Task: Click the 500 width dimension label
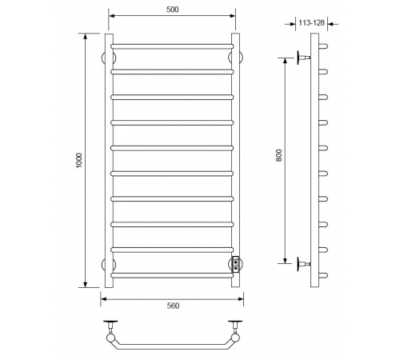click(173, 10)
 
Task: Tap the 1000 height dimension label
click(79, 160)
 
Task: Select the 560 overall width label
click(173, 306)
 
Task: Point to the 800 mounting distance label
click(278, 155)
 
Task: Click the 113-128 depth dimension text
click(311, 22)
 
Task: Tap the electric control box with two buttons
click(236, 264)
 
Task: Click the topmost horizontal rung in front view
click(172, 46)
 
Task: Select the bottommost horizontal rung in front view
click(172, 275)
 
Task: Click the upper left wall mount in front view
click(109, 58)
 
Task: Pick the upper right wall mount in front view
click(235, 58)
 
